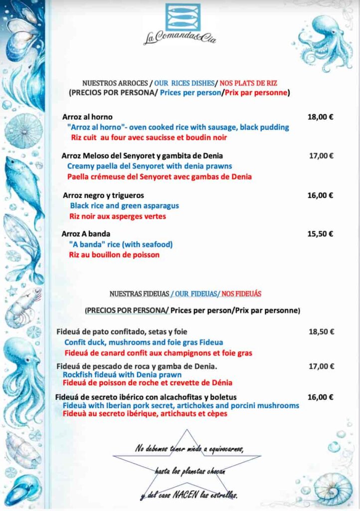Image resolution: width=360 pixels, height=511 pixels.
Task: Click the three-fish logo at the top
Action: (x=182, y=17)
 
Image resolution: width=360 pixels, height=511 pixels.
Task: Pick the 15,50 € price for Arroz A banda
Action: (x=320, y=234)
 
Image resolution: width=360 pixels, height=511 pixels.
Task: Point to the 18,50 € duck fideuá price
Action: (x=321, y=331)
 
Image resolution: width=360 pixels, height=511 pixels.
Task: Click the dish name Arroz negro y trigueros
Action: (x=104, y=195)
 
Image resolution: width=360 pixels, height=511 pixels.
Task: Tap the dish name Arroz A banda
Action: (x=86, y=234)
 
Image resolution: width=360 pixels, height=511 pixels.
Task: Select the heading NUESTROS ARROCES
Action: (x=115, y=83)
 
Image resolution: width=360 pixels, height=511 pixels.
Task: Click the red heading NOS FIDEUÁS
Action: (x=241, y=294)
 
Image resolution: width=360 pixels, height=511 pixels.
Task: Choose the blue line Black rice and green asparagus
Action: (x=124, y=206)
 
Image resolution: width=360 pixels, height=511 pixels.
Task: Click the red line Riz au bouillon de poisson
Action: (x=114, y=255)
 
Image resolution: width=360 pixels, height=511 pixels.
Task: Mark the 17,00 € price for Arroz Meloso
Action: (x=321, y=156)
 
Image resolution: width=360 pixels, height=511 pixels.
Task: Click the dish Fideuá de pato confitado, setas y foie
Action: (x=122, y=331)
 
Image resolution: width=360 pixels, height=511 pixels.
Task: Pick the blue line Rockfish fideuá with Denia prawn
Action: (x=122, y=374)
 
